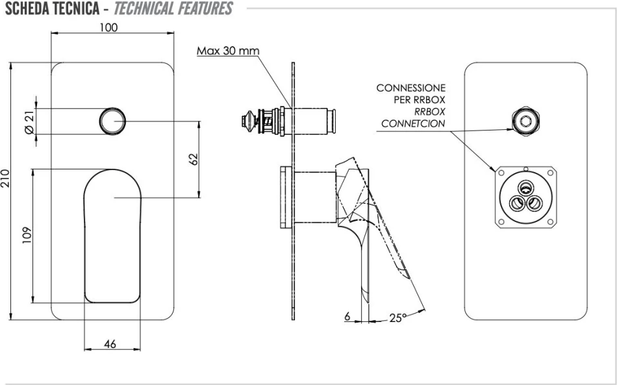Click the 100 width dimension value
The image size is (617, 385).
tap(109, 27)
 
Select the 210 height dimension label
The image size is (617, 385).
tap(6, 179)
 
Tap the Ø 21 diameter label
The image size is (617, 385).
tap(29, 121)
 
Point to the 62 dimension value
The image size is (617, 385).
tap(193, 159)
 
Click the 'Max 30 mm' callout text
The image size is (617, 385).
tap(228, 51)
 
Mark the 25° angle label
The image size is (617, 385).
tap(397, 317)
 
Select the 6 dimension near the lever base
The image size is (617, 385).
tap(347, 316)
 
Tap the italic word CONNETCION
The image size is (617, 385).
tap(413, 123)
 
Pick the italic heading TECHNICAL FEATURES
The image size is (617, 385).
tap(173, 8)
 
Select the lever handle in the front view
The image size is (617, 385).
tap(113, 234)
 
